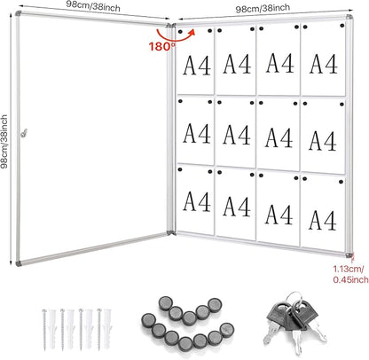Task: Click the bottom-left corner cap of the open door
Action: (20, 265)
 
